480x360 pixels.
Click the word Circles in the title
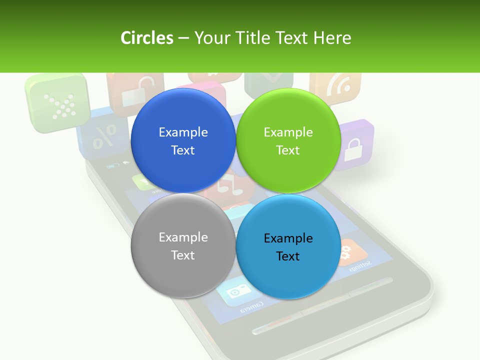pos(146,38)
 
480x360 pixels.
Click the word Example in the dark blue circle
pos(183,132)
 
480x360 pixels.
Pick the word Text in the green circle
pos(288,150)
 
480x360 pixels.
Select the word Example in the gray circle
pos(183,237)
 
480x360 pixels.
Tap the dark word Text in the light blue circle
pos(288,256)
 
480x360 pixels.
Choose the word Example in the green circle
pos(288,132)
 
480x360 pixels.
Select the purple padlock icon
pos(354,145)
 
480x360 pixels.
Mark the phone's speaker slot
pos(322,305)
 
